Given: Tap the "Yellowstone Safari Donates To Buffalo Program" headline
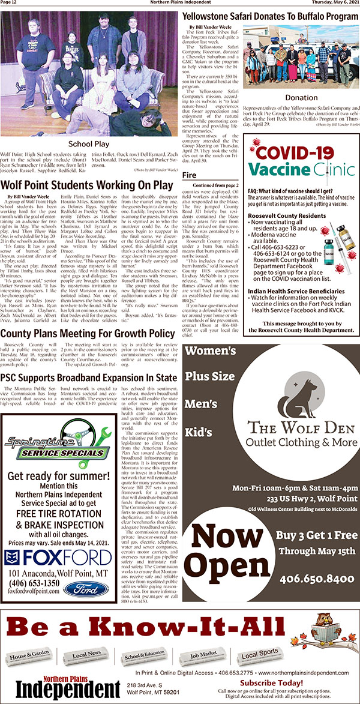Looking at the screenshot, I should point(270,17).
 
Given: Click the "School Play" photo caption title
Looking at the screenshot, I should point(89,144).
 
